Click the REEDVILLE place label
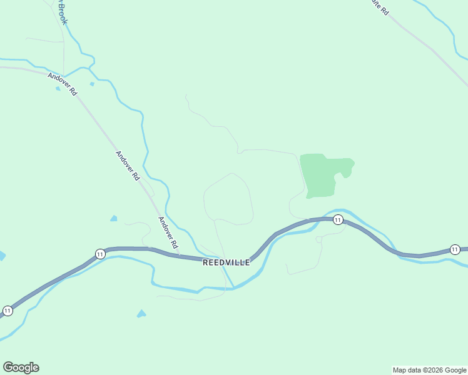click(226, 262)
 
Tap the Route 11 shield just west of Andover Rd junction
click(100, 253)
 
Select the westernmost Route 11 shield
click(8, 311)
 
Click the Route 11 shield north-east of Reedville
click(338, 219)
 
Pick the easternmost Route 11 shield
click(455, 249)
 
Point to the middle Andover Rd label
click(127, 166)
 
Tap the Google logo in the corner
click(21, 367)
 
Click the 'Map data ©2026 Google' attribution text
click(429, 370)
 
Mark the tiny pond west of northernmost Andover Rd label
click(58, 89)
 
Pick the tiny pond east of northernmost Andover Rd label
click(92, 84)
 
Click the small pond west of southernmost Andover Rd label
click(113, 218)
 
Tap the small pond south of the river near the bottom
click(141, 314)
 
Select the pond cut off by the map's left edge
click(2, 256)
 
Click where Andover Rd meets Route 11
click(180, 255)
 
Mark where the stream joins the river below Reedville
click(233, 288)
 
